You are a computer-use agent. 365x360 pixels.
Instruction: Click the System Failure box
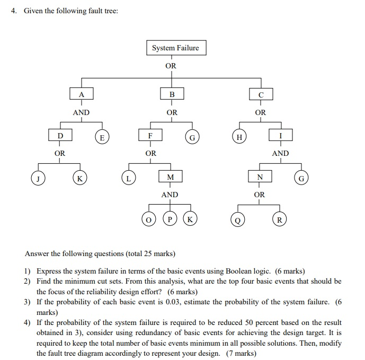[x=175, y=48]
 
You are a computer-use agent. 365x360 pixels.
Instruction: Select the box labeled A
[x=81, y=94]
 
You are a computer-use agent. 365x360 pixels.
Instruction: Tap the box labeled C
[x=260, y=94]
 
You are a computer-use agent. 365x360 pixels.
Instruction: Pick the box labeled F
[x=151, y=135]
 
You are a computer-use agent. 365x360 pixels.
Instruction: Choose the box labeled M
[x=170, y=177]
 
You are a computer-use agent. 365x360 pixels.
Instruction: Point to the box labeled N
[x=259, y=177]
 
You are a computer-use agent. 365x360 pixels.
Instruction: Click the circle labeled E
[x=102, y=137]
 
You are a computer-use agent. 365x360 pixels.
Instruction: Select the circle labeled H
[x=239, y=137]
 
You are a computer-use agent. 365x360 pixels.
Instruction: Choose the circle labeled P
[x=170, y=218]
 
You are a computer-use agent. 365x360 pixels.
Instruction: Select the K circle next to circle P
[x=190, y=218]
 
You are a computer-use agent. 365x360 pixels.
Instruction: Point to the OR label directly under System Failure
[x=171, y=66]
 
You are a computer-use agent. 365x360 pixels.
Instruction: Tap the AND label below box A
[x=81, y=112]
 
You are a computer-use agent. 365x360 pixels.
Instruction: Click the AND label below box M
[x=170, y=195]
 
